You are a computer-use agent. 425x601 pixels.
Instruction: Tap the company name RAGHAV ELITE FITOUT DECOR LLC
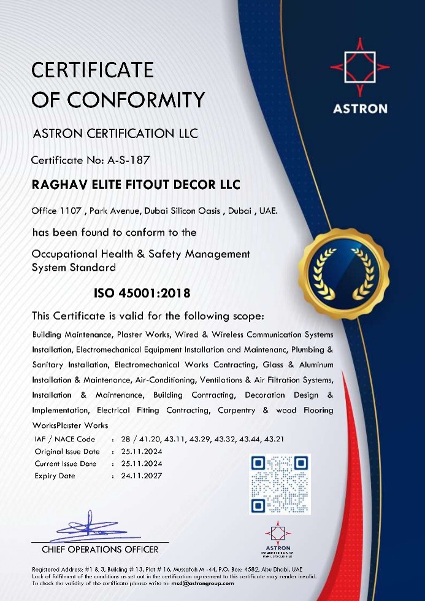(136, 185)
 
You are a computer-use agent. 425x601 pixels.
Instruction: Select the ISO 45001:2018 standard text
(142, 293)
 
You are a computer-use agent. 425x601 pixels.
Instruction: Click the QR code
(280, 484)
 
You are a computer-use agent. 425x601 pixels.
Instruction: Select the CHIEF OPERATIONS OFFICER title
(100, 549)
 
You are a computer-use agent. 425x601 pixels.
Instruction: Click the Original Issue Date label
(66, 451)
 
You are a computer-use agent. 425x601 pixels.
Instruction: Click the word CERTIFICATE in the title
(93, 70)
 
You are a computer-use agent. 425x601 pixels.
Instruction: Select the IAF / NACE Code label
(65, 439)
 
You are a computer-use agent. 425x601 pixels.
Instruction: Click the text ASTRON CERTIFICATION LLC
(115, 133)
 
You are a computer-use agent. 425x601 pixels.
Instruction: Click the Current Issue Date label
(65, 463)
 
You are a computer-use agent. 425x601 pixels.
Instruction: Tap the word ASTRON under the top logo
(360, 109)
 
